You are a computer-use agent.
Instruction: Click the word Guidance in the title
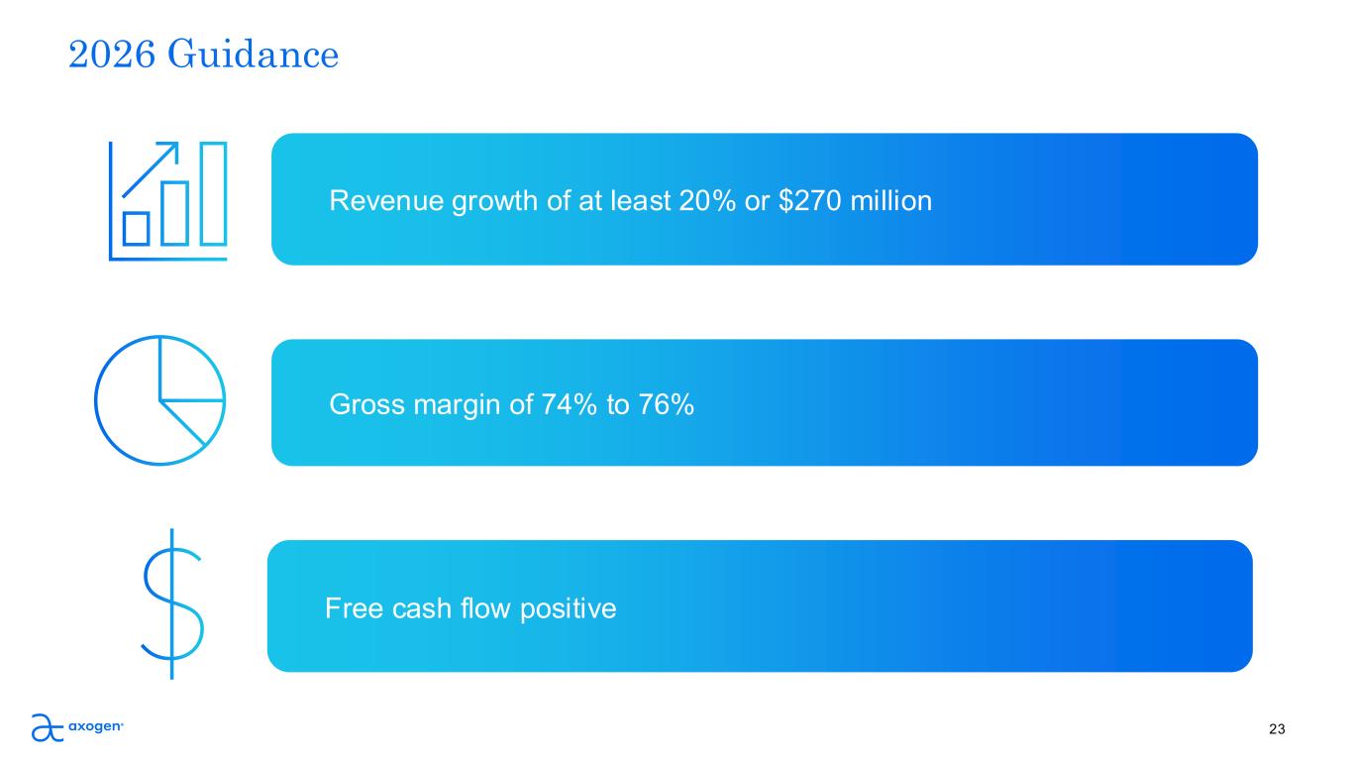pyautogui.click(x=253, y=54)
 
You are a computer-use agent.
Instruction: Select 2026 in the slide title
pyautogui.click(x=112, y=54)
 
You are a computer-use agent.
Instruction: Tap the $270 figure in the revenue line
pyautogui.click(x=810, y=200)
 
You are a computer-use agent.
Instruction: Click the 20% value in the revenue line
pyautogui.click(x=707, y=200)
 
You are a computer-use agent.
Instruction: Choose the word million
pyautogui.click(x=890, y=200)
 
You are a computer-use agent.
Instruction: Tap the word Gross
pyautogui.click(x=366, y=404)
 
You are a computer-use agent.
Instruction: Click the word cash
pyautogui.click(x=421, y=608)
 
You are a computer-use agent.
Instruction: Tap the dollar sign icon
pyautogui.click(x=172, y=604)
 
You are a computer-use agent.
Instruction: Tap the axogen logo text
pyautogui.click(x=96, y=726)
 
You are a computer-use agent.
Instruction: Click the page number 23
pyautogui.click(x=1277, y=729)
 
